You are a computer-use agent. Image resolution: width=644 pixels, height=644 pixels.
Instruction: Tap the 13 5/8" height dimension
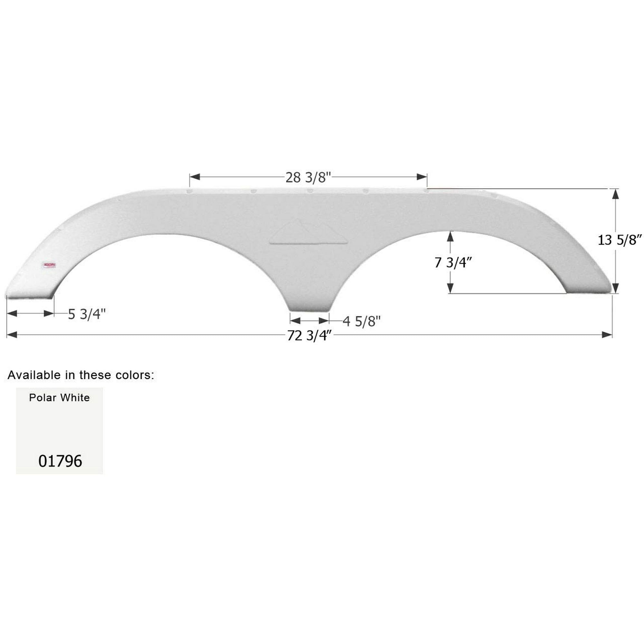point(619,240)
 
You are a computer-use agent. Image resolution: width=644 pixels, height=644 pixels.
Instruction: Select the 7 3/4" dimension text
point(453,263)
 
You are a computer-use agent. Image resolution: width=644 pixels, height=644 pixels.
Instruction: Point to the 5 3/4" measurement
point(87,314)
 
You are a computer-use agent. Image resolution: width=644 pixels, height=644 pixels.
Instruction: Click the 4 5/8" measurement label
point(361,322)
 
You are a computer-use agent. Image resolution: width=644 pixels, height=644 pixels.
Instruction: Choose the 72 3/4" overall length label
point(310,336)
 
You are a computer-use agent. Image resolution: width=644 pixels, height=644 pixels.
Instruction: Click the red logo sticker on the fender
point(49,265)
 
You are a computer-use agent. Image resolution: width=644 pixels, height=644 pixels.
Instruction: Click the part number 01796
point(60,461)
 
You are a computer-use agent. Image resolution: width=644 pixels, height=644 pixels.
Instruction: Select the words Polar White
point(59,398)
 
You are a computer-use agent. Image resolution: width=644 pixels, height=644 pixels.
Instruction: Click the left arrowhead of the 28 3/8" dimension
point(194,177)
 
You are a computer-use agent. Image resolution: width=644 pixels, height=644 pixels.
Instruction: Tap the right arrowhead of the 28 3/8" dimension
point(422,177)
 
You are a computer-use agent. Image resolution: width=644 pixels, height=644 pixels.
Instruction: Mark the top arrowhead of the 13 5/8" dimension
point(615,194)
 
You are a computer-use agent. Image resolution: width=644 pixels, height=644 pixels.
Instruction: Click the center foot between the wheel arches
point(309,305)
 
